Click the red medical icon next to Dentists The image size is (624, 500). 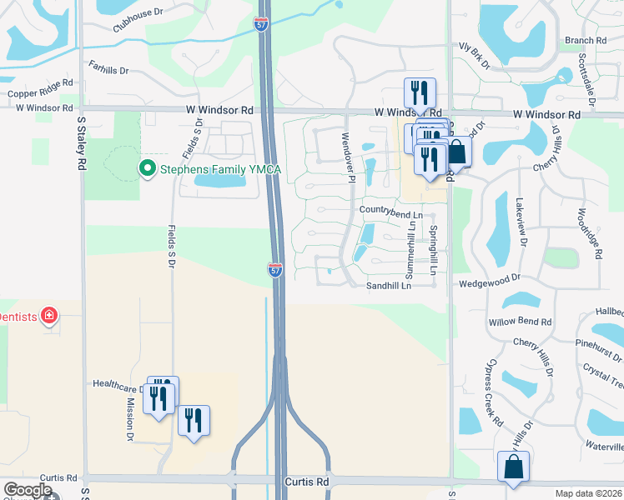(49, 315)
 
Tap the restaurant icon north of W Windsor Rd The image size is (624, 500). (420, 92)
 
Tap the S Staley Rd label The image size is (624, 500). (82, 143)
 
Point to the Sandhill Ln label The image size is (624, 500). (389, 286)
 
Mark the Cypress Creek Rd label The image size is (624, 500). (486, 406)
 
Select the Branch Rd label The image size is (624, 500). (585, 40)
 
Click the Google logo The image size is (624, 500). (28, 490)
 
